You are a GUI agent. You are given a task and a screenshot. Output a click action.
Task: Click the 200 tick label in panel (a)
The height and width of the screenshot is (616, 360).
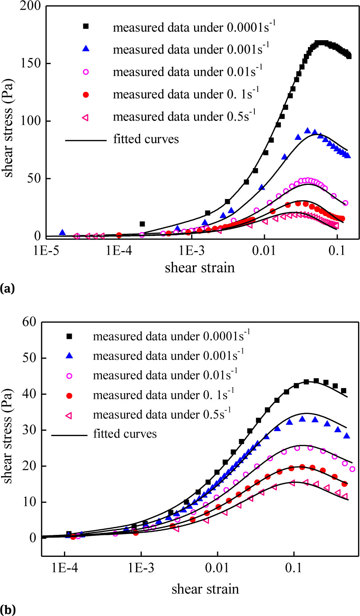pyautogui.click(x=30, y=6)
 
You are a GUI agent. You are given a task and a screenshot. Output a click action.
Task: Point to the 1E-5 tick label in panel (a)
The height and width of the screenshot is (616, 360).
pyautogui.click(x=46, y=250)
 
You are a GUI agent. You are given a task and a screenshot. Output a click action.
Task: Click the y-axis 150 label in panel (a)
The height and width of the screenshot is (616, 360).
pyautogui.click(x=30, y=63)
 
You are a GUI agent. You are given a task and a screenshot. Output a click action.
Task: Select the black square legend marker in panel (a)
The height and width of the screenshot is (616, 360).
pyautogui.click(x=86, y=26)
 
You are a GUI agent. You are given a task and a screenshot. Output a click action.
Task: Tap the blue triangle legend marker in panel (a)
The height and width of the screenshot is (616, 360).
pyautogui.click(x=86, y=49)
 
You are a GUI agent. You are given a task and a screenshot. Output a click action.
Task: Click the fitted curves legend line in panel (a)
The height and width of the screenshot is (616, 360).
pyautogui.click(x=86, y=141)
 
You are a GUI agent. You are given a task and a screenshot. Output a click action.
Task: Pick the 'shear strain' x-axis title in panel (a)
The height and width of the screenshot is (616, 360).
pyautogui.click(x=200, y=268)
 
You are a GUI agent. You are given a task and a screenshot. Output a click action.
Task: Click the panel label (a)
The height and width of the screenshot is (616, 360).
pyautogui.click(x=7, y=288)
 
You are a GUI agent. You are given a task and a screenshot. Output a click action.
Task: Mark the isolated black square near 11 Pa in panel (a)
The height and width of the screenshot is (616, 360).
pyautogui.click(x=142, y=224)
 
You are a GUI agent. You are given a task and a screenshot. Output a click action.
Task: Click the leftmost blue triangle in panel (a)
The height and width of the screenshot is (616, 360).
pyautogui.click(x=62, y=232)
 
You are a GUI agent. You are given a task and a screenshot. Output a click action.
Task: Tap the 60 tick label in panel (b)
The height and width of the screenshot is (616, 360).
pyautogui.click(x=29, y=322)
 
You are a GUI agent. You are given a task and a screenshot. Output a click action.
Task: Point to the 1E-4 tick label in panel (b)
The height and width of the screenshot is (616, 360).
pyautogui.click(x=65, y=568)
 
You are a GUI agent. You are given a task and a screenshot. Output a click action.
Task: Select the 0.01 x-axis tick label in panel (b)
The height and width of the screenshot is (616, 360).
pyautogui.click(x=217, y=568)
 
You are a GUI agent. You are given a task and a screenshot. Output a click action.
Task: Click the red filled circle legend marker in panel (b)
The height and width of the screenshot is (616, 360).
pyautogui.click(x=69, y=396)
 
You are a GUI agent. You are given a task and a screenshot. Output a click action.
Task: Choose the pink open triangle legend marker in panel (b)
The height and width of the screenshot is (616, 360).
pyautogui.click(x=69, y=416)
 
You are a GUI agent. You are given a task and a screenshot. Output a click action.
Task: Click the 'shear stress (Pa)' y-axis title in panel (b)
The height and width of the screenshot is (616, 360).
pyautogui.click(x=7, y=436)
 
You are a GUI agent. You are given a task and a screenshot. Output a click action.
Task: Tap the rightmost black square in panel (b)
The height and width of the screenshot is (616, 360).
pyautogui.click(x=344, y=391)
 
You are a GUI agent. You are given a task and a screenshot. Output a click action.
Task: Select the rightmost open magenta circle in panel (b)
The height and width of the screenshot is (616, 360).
pyautogui.click(x=352, y=469)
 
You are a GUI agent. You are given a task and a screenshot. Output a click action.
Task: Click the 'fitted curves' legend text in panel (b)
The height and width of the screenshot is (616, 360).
pyautogui.click(x=125, y=434)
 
